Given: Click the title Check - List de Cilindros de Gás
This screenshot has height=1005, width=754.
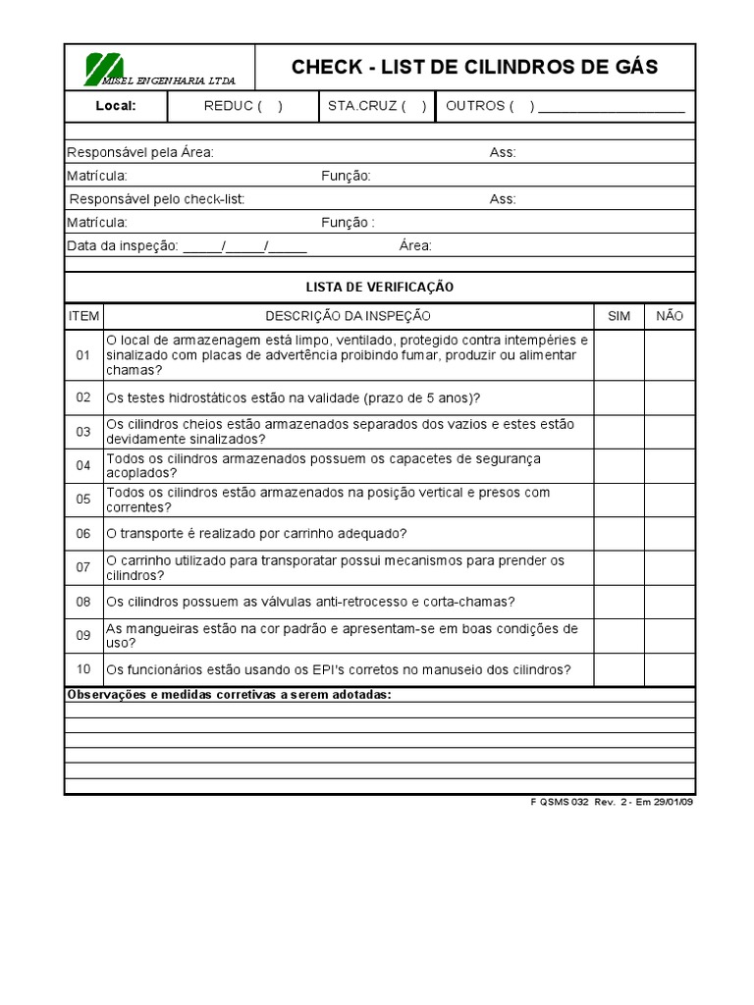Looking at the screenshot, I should [x=475, y=68].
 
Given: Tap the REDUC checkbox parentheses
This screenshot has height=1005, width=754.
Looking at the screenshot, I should [x=270, y=106].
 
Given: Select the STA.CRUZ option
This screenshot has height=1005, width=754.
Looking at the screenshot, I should [x=374, y=106].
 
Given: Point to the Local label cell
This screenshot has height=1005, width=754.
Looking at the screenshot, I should [x=116, y=106].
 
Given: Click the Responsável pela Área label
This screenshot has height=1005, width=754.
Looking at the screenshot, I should [x=140, y=152].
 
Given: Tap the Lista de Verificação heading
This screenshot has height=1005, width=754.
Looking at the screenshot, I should [x=380, y=287].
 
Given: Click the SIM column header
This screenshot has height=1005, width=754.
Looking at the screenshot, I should [x=619, y=316].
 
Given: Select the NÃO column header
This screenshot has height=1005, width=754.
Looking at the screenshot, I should [x=670, y=316].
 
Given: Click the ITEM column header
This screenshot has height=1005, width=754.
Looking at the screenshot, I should [x=83, y=316].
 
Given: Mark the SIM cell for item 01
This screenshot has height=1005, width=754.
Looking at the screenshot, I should [x=619, y=355].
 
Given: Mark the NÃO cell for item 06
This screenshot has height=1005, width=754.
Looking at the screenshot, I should [x=670, y=533].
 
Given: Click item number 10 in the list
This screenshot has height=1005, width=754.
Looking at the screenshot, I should [x=83, y=669].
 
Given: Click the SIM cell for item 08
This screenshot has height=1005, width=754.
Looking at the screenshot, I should [x=619, y=601].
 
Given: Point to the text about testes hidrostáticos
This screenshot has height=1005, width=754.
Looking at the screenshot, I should [x=294, y=397].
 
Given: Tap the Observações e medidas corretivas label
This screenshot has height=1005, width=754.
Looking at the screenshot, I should [x=229, y=694].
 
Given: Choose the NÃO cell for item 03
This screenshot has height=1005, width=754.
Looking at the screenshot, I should [x=670, y=431].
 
